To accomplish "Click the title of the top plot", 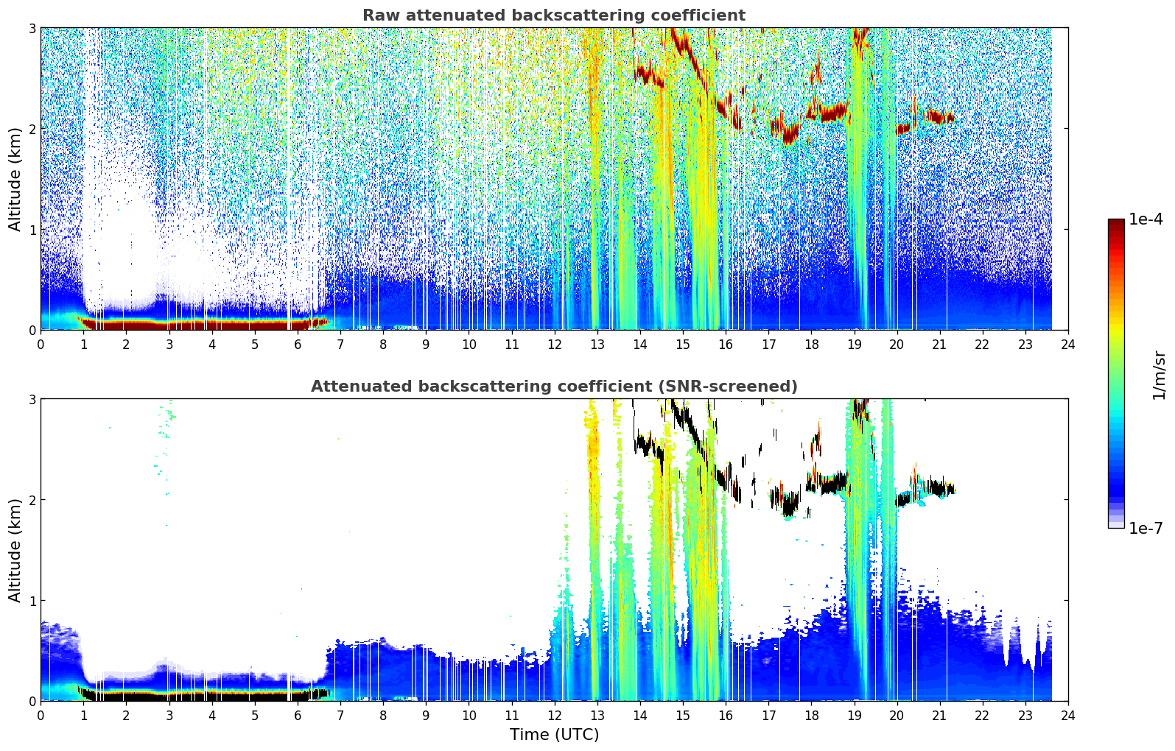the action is [x=554, y=15].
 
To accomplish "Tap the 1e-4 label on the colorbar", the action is [x=1146, y=219].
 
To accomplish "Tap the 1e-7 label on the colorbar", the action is [x=1146, y=528].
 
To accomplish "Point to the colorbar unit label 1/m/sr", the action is [x=1159, y=376].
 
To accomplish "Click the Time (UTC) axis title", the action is [x=554, y=735].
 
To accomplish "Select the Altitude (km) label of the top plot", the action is [x=15, y=180].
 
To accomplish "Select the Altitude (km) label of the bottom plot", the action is [x=15, y=550].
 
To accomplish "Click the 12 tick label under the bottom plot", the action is [x=555, y=716].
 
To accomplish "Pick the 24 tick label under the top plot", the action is [x=1068, y=345].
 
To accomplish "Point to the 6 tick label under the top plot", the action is [x=298, y=345].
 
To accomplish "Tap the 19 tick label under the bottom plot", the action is [x=854, y=716].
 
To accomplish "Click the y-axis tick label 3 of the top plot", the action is [x=32, y=28].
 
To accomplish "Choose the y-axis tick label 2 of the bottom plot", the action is [x=32, y=500].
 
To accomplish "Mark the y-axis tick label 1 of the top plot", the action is [x=32, y=230].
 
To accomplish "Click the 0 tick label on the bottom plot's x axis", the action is [x=41, y=716].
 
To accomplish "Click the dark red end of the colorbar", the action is [x=1116, y=223].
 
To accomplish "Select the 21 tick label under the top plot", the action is [x=939, y=345].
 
